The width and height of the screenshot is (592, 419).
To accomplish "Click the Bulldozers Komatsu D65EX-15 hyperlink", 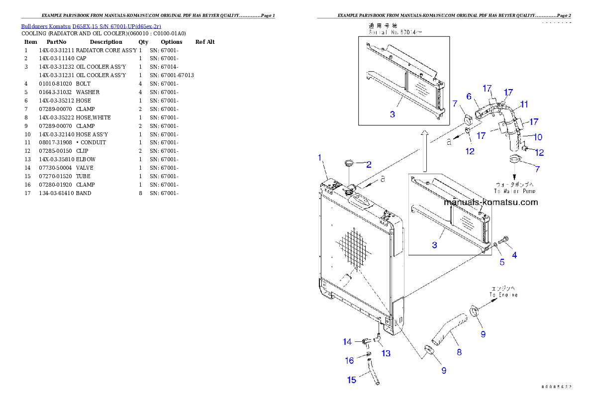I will (91, 26).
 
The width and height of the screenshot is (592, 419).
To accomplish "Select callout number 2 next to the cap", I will (369, 164).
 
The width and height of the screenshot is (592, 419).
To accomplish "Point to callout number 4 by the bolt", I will (514, 255).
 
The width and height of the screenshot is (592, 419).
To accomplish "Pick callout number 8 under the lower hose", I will (459, 352).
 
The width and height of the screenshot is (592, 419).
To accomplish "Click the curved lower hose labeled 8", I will (451, 328).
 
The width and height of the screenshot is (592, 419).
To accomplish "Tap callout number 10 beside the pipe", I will (538, 137).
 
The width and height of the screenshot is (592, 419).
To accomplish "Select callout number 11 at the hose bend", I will (524, 104).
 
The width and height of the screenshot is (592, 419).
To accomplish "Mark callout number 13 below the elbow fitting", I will (386, 353).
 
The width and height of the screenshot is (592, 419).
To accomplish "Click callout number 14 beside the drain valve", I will (347, 342).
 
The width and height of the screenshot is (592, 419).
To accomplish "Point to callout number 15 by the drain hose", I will (352, 380).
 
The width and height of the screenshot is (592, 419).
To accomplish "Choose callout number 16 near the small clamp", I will (350, 360).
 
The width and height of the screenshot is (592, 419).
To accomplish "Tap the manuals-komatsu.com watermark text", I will (491, 202).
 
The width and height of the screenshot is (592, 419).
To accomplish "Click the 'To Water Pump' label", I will (514, 188).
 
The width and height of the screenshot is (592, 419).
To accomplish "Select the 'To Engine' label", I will (503, 292).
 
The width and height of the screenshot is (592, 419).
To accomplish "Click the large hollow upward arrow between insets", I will (423, 149).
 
